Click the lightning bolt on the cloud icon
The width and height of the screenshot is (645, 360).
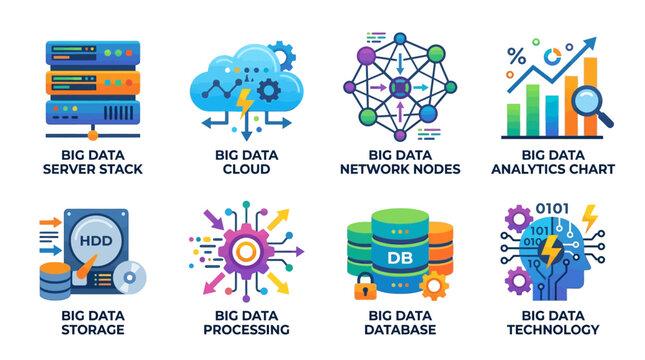pos(244,98)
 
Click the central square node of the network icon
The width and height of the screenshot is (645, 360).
pos(398,86)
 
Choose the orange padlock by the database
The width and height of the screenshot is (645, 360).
pos(364,291)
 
